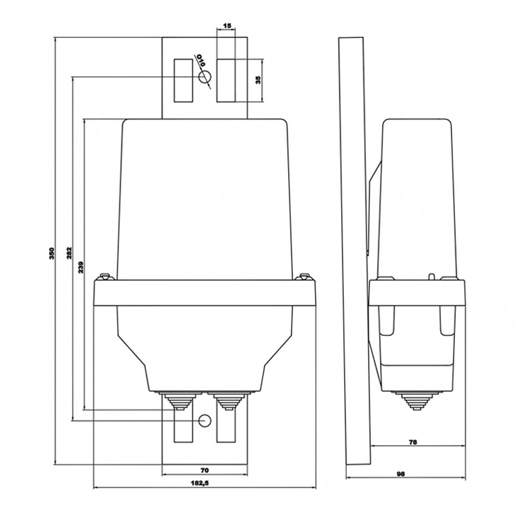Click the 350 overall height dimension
click(x=51, y=253)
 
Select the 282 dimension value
click(x=69, y=253)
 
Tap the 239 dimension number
click(x=81, y=267)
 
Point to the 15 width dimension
click(x=227, y=25)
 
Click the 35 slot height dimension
click(x=258, y=80)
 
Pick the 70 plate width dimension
click(x=204, y=470)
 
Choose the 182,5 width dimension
click(x=200, y=483)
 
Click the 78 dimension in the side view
click(x=412, y=441)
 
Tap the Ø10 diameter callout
click(x=201, y=61)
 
